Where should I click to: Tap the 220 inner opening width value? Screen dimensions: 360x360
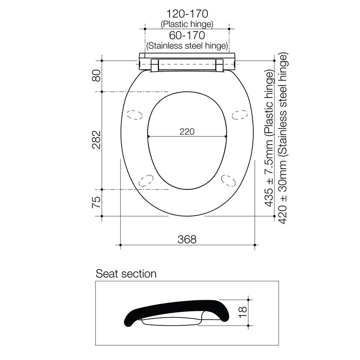point(187,131)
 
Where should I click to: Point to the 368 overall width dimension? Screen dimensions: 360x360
point(187,239)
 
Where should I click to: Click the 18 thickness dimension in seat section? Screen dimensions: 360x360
point(243,311)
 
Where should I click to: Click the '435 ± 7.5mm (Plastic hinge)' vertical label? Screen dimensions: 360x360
point(270,139)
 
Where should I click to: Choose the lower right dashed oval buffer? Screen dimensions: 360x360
point(228,180)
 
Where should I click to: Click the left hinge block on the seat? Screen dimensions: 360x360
point(155,65)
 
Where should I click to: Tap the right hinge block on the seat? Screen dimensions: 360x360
point(220,65)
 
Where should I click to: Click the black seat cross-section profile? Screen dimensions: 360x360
point(175,310)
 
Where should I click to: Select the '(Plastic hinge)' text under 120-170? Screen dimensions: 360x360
point(187,25)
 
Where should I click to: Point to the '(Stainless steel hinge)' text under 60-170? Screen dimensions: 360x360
point(187,45)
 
